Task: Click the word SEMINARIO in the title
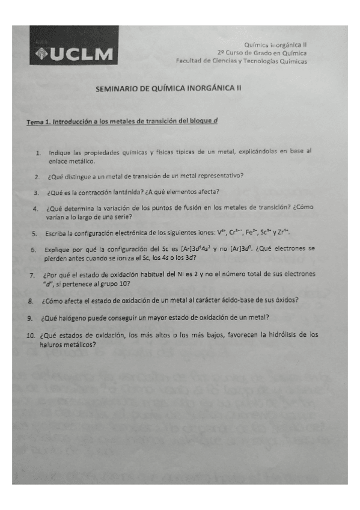tap(117, 88)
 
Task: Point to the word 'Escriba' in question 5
tap(56, 233)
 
